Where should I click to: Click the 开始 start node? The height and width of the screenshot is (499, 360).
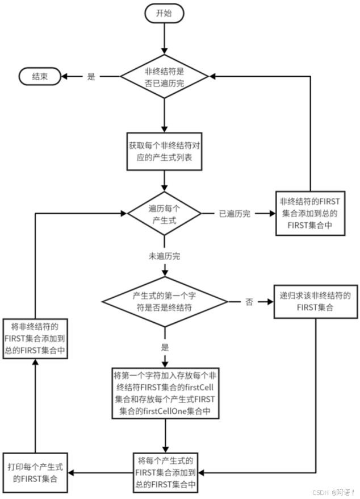[x=164, y=14]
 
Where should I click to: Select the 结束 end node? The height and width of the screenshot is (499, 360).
[x=40, y=77]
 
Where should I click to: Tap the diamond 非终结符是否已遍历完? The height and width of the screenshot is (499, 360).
[x=164, y=77]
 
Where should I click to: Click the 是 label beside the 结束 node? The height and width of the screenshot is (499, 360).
[x=91, y=77]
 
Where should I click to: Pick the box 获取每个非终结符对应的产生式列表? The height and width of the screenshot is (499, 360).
[x=164, y=151]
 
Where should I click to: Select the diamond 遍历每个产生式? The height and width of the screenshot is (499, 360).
[x=164, y=214]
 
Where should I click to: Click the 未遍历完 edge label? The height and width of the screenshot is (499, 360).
[x=164, y=256]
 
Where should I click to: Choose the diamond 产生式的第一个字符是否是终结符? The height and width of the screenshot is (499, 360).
[x=164, y=302]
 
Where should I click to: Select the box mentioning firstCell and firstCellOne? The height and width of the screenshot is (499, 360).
[x=164, y=392]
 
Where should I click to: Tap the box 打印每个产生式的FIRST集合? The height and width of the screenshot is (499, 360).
[x=35, y=472]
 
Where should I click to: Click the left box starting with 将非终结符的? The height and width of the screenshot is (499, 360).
[x=35, y=338]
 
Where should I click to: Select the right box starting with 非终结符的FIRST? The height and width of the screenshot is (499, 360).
[x=310, y=213]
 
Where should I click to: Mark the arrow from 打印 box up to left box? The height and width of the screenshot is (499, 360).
[x=35, y=406]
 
